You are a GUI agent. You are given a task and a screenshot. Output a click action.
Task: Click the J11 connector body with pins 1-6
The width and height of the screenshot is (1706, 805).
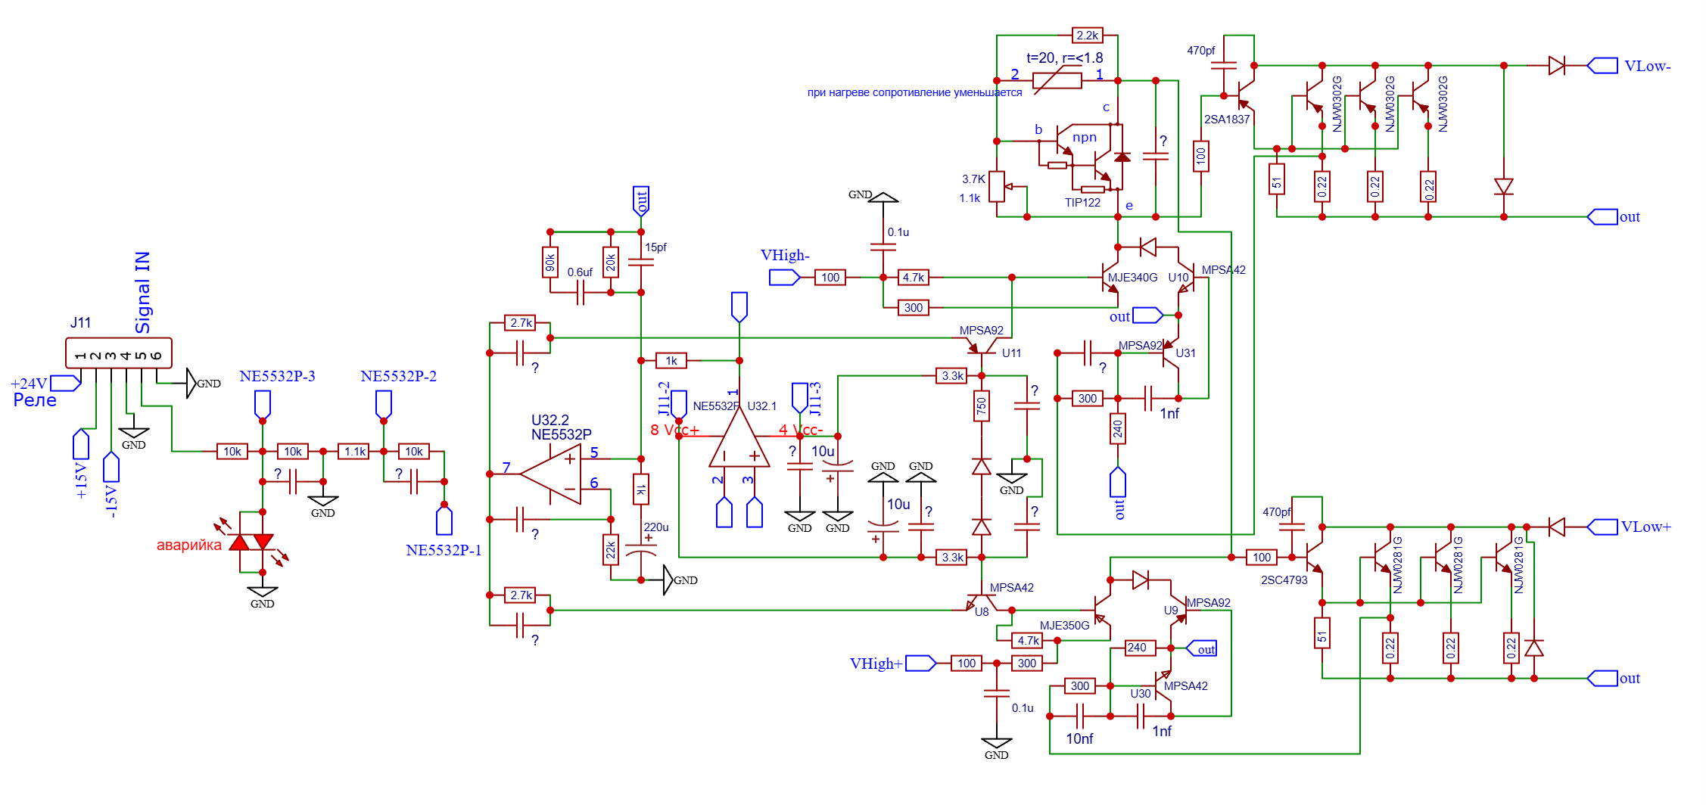tap(119, 353)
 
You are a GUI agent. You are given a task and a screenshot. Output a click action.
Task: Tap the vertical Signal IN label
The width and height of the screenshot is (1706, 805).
tap(142, 293)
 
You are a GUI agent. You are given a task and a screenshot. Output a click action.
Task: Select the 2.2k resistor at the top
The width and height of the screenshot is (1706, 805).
tap(1087, 36)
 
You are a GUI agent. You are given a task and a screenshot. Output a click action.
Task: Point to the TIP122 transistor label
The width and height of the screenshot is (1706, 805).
tap(1082, 203)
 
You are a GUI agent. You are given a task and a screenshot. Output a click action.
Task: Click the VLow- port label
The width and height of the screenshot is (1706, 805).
tap(1647, 67)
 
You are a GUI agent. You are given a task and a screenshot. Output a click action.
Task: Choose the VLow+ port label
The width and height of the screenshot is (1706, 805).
tap(1645, 527)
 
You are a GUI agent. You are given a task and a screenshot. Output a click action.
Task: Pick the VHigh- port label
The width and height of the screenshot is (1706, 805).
tap(785, 256)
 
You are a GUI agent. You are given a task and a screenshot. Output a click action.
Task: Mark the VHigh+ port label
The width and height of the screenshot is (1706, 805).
tap(876, 664)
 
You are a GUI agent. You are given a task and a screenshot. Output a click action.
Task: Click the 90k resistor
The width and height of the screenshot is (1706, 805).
tap(550, 263)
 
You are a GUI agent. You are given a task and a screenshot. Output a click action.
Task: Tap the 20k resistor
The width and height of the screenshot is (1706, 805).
tap(611, 263)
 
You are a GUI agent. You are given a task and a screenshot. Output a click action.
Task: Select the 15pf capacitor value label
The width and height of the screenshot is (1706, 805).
tap(655, 247)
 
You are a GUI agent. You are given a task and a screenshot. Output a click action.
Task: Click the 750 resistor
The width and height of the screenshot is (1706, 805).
tap(982, 406)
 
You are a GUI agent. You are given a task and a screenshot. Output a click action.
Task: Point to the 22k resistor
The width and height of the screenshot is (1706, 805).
tap(611, 550)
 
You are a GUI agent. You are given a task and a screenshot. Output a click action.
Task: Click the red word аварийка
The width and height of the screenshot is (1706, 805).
tap(188, 545)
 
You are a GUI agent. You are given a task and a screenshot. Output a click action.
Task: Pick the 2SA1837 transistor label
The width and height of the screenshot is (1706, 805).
tap(1227, 120)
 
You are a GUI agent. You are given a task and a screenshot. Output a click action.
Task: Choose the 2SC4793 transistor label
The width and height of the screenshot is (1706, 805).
tap(1284, 580)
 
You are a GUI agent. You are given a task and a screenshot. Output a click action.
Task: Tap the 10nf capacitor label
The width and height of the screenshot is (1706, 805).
tap(1079, 738)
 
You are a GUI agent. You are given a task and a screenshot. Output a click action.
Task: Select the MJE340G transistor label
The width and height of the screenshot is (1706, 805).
tap(1132, 278)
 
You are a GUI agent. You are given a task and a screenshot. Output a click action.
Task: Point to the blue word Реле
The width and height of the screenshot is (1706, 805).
tap(35, 400)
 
